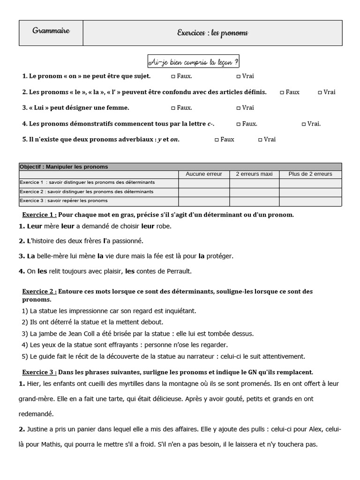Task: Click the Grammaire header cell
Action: pyautogui.click(x=51, y=31)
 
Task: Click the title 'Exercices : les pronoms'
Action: pyautogui.click(x=212, y=33)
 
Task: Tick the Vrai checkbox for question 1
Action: pyautogui.click(x=239, y=76)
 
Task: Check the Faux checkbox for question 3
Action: pyautogui.click(x=173, y=108)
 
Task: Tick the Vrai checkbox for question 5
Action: pyautogui.click(x=261, y=139)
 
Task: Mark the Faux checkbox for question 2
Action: pyautogui.click(x=282, y=92)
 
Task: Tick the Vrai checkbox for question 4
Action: pyautogui.click(x=304, y=124)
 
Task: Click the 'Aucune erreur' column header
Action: pyautogui.click(x=203, y=174)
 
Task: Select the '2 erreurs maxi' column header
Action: pyautogui.click(x=254, y=174)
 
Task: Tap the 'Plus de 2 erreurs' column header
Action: pyautogui.click(x=310, y=174)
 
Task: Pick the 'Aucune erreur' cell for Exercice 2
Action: pyautogui.click(x=203, y=192)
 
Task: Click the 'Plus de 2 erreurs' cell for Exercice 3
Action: pyautogui.click(x=310, y=201)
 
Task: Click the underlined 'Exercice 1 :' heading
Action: pyautogui.click(x=40, y=215)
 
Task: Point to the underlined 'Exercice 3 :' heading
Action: pyautogui.click(x=40, y=372)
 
